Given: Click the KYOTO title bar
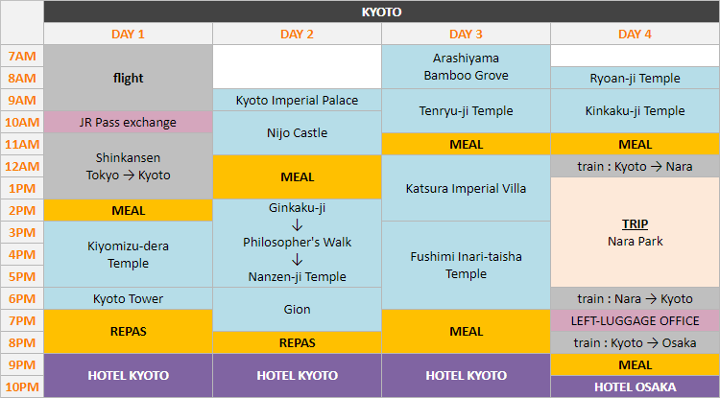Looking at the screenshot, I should (x=381, y=12).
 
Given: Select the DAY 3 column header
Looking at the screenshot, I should (x=466, y=35).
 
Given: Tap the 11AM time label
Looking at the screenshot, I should (x=21, y=145).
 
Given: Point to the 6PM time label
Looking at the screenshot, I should (x=21, y=299).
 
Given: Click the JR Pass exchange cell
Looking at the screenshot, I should (x=128, y=122).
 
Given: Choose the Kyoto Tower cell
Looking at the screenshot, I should (x=128, y=299).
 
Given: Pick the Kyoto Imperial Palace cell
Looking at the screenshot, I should (x=297, y=101).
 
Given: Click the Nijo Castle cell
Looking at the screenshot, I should (x=297, y=132).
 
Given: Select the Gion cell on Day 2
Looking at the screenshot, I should (x=297, y=310).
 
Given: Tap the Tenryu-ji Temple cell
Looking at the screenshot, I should (x=466, y=111).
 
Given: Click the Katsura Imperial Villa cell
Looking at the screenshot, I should (x=466, y=188).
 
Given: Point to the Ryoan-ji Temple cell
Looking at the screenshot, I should (x=635, y=79).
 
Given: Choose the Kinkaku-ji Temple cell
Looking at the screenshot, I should (x=635, y=111).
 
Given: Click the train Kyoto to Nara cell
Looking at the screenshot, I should (x=635, y=166).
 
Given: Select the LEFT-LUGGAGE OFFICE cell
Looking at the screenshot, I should (x=635, y=320).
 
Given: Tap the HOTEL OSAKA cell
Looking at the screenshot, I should (x=635, y=386).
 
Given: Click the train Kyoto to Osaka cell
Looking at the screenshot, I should (x=635, y=342).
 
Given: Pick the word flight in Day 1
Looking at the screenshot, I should (x=128, y=78).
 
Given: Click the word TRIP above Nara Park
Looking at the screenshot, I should (x=635, y=223).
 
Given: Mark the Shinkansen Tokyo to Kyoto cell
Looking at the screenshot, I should (x=128, y=166).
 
